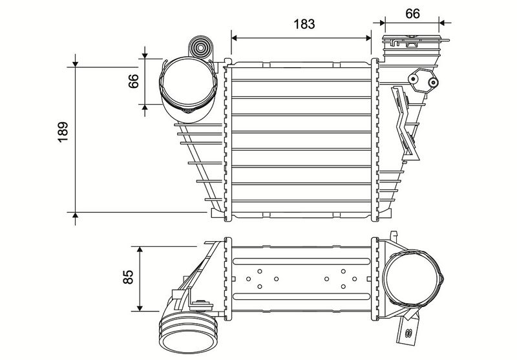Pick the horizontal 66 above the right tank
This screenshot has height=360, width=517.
[412, 12]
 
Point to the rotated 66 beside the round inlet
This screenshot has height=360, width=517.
[134, 82]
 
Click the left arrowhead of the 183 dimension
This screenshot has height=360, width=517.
[233, 37]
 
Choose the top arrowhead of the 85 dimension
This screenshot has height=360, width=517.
[141, 248]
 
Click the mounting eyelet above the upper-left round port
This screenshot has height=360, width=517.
[201, 48]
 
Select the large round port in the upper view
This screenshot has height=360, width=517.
[187, 87]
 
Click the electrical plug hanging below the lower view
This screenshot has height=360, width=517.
[408, 330]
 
